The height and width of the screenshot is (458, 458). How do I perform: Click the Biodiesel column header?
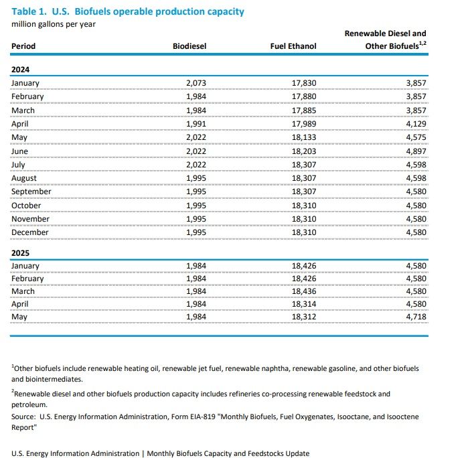click(189, 46)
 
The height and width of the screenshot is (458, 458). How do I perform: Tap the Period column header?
click(23, 46)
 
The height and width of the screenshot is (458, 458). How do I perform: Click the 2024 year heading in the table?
click(21, 69)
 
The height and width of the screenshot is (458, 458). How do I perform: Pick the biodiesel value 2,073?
click(196, 83)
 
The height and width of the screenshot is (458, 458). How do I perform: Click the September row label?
click(31, 192)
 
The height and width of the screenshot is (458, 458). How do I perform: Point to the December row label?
click(30, 232)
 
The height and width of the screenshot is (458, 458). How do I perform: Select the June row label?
click(21, 151)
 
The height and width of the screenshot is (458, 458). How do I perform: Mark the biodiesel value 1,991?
click(196, 124)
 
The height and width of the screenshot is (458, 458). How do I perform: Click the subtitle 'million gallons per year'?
click(54, 24)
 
